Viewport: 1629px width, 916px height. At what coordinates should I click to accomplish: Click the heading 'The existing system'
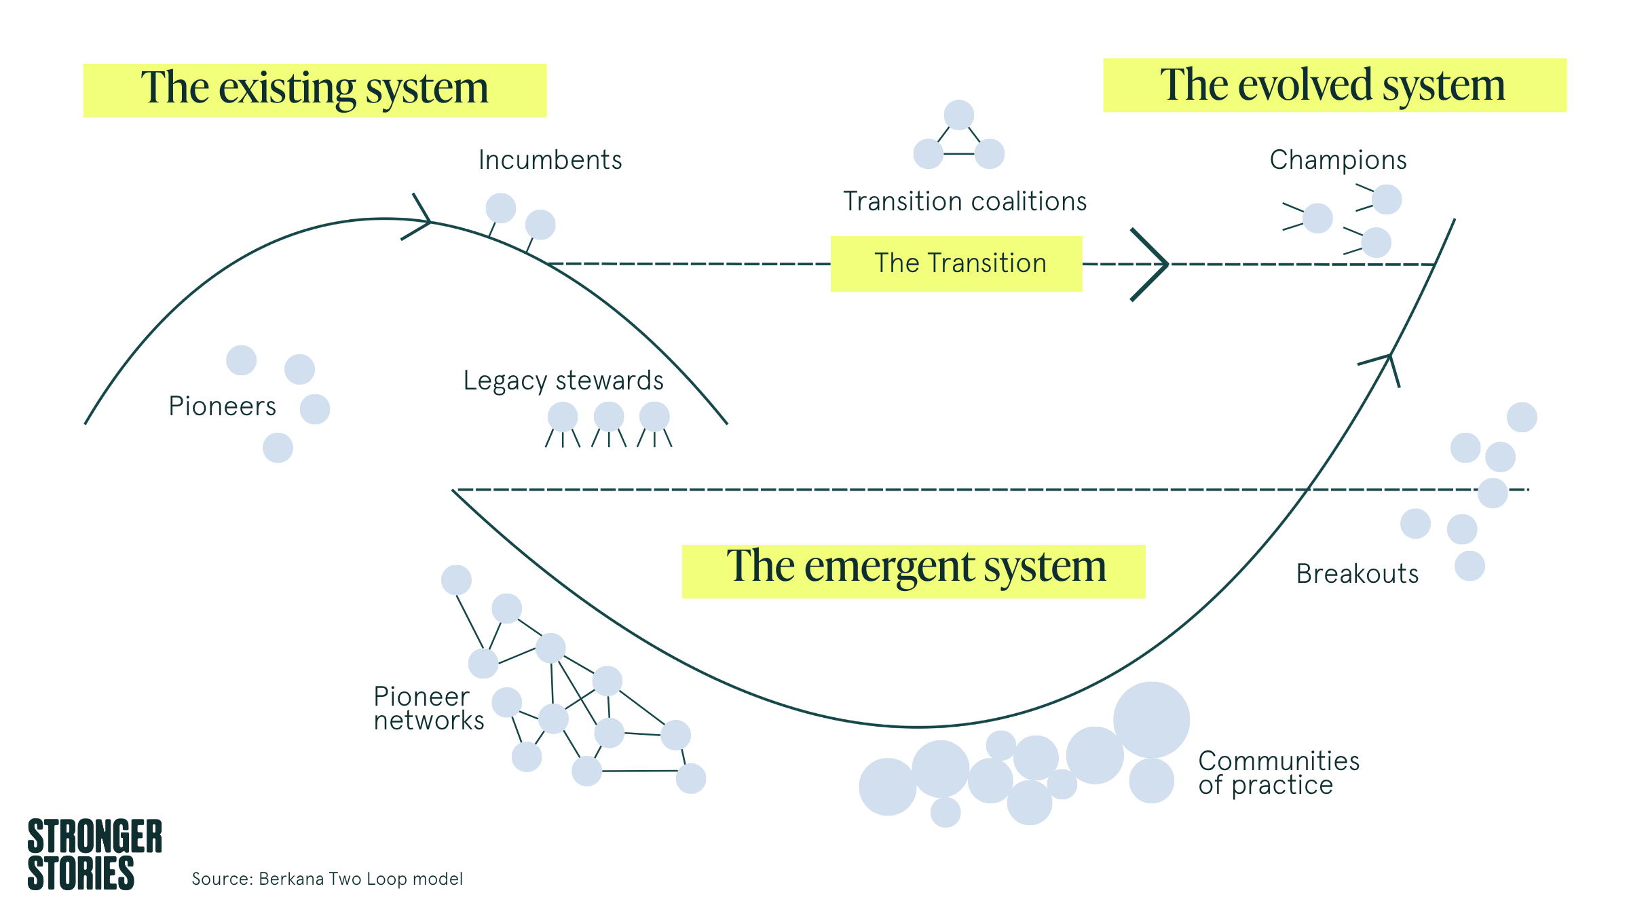click(x=314, y=88)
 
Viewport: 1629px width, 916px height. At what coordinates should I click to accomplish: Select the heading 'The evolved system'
click(x=1332, y=85)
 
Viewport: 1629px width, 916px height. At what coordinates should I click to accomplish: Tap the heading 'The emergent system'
click(x=916, y=567)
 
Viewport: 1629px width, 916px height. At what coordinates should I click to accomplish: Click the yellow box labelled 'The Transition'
click(x=956, y=264)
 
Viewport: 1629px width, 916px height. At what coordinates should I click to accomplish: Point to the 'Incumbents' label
click(x=550, y=160)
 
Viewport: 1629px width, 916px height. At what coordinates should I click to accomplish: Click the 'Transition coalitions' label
click(x=965, y=202)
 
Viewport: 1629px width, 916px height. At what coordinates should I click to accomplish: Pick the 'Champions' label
click(x=1338, y=160)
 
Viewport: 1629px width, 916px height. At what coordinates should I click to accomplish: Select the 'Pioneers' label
click(x=222, y=406)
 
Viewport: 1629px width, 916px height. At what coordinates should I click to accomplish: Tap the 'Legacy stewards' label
click(x=563, y=381)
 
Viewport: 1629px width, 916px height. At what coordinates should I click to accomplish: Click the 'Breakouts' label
click(x=1357, y=574)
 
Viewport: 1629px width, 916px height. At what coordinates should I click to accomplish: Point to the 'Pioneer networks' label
click(x=429, y=708)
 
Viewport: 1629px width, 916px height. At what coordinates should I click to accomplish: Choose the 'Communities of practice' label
click(x=1279, y=773)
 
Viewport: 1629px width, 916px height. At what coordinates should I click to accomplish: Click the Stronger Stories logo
click(x=94, y=854)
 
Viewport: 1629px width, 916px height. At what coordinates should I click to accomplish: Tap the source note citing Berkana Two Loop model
click(x=327, y=879)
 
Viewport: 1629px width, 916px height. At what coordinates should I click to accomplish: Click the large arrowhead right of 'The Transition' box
click(x=1150, y=264)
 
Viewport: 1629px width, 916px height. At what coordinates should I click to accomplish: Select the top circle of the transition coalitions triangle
click(x=959, y=115)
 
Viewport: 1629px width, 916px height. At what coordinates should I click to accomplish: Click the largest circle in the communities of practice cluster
click(x=1152, y=720)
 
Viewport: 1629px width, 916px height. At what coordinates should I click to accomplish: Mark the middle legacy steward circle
click(x=609, y=417)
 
